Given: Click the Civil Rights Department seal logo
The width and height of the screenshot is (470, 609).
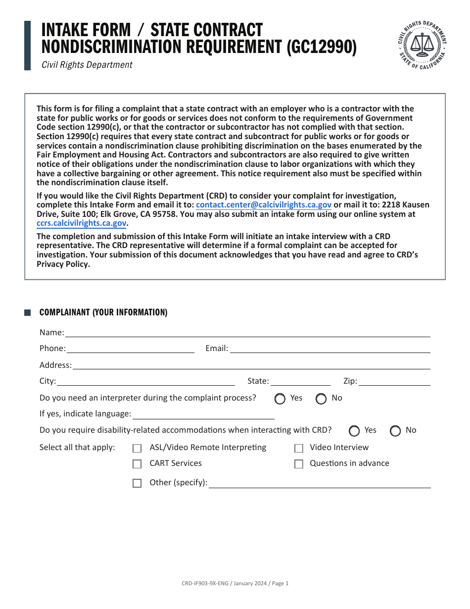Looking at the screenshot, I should point(423,46).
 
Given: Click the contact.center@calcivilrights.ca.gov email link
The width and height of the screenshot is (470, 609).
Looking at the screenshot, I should point(264,205).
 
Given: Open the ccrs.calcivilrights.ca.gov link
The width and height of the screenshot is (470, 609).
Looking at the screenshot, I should point(81,223).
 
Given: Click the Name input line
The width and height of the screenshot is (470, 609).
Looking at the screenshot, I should point(247,333).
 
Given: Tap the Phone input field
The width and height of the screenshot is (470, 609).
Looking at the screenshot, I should point(131,349).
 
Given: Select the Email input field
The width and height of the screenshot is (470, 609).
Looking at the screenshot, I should point(330,349).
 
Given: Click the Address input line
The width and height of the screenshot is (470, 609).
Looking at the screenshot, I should point(251,365).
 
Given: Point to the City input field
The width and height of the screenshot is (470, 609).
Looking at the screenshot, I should point(146,381).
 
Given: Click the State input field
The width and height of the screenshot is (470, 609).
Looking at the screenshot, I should point(300,381).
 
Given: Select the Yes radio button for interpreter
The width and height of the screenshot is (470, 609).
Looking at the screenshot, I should point(280,399).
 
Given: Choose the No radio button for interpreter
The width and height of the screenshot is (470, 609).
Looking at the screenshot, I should point(321,399).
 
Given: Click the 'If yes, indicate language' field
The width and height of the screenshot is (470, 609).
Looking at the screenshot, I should point(203,414).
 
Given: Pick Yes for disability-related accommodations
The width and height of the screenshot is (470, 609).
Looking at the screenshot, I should point(354,431).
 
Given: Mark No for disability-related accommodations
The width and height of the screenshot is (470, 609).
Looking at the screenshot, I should point(395,431).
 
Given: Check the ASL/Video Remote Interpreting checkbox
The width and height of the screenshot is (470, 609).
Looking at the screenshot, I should point(137,449).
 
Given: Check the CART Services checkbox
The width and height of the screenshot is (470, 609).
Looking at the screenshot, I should point(137,464).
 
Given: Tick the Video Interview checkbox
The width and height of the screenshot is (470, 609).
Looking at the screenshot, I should point(299,449).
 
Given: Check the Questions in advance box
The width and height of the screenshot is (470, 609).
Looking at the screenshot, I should point(299,464).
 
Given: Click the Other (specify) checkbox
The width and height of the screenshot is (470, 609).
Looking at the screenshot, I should point(137,483).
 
